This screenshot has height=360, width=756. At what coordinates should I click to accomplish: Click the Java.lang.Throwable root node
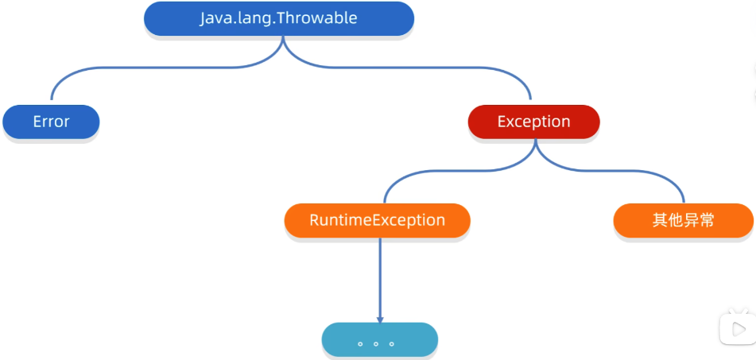(x=279, y=18)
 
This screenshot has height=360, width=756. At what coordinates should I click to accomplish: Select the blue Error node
(x=51, y=122)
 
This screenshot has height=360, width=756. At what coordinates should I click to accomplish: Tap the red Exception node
(x=533, y=122)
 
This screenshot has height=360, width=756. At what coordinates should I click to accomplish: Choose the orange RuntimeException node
(x=377, y=220)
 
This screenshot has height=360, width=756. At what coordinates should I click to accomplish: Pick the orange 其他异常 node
(x=683, y=220)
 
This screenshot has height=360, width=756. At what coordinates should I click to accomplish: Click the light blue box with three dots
(x=379, y=340)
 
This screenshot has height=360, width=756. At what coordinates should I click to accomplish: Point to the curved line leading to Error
(x=164, y=68)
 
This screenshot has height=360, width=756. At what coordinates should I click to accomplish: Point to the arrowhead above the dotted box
(x=380, y=320)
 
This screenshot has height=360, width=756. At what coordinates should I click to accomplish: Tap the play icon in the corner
(x=737, y=328)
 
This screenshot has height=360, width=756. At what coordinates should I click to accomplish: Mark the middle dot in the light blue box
(x=375, y=344)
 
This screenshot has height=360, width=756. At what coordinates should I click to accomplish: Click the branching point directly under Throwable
(x=283, y=40)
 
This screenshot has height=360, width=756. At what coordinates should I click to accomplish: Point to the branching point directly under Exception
(x=535, y=143)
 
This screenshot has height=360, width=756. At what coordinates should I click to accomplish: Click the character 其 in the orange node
(x=660, y=220)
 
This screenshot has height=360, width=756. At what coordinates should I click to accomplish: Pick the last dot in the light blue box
(x=391, y=344)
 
